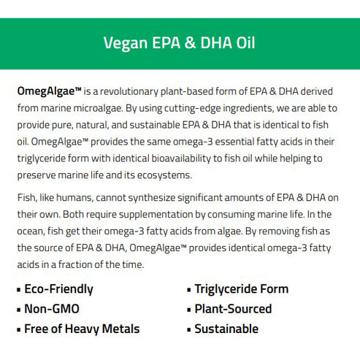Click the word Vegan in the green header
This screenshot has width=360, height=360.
pyautogui.click(x=124, y=42)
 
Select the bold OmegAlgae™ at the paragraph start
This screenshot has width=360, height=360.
pyautogui.click(x=50, y=92)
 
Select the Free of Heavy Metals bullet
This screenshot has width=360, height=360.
pyautogui.click(x=82, y=329)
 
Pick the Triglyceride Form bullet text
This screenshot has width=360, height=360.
pyautogui.click(x=242, y=289)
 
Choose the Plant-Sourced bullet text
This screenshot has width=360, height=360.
pyautogui.click(x=233, y=309)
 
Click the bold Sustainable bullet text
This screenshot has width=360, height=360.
pyautogui.click(x=226, y=329)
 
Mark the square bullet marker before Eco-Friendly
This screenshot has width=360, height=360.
pyautogui.click(x=18, y=290)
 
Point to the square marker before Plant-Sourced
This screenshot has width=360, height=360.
pyautogui.click(x=188, y=310)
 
